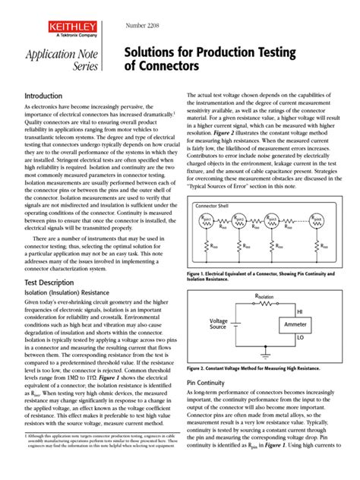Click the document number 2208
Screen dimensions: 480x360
pyautogui.click(x=137, y=26)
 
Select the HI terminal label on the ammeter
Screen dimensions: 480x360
pyautogui.click(x=298, y=312)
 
